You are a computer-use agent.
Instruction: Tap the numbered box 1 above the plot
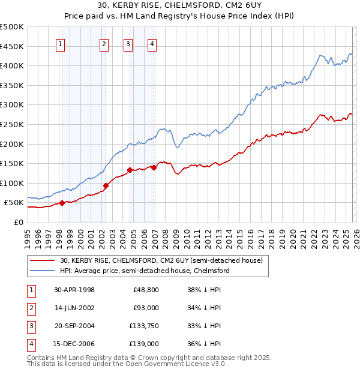(x=61, y=43)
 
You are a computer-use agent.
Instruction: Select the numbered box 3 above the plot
(x=128, y=43)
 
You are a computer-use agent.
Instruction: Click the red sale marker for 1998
(x=62, y=203)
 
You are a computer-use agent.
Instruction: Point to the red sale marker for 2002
(x=106, y=185)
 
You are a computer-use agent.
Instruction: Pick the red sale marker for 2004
(x=130, y=170)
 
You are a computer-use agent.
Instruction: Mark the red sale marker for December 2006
(x=154, y=167)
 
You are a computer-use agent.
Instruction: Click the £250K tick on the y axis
(x=12, y=124)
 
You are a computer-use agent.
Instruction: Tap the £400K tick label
(x=12, y=65)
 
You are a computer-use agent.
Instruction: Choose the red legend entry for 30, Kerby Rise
(x=161, y=261)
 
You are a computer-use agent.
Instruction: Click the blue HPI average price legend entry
(x=144, y=271)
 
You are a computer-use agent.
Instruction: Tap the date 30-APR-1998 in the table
(x=74, y=290)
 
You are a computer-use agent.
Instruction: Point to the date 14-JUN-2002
(x=74, y=308)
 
